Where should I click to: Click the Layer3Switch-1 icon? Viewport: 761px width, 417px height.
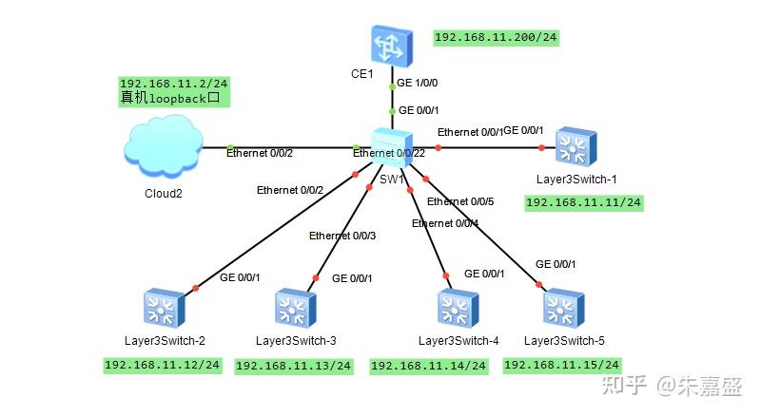(576, 147)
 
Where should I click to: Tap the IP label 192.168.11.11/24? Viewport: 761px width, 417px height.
(584, 202)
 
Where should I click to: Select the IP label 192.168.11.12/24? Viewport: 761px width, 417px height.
(163, 364)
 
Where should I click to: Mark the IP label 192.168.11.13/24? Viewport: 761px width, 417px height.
(293, 366)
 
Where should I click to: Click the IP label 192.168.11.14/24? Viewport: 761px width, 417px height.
(428, 366)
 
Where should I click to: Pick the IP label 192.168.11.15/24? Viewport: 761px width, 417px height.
(562, 365)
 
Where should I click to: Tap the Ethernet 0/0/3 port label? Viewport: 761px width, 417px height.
(343, 236)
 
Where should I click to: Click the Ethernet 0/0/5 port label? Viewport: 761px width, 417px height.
(461, 201)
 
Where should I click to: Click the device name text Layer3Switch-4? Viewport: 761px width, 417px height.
(458, 341)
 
